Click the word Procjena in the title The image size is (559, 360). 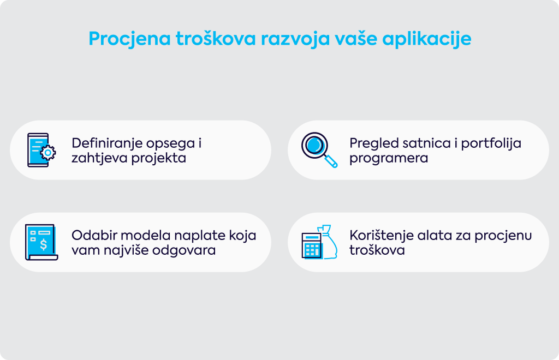pos(130,39)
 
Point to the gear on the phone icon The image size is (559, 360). pos(48,153)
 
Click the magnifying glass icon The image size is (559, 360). pos(319,150)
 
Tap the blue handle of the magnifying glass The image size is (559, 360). pos(331,161)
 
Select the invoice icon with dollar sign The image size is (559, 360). pos(41,242)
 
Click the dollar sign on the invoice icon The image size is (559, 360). pos(44,244)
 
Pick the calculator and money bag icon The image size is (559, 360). pos(319,242)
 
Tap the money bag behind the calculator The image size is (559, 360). pos(328,241)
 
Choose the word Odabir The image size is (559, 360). pos(92,236)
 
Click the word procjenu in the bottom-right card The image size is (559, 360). pos(503,236)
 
